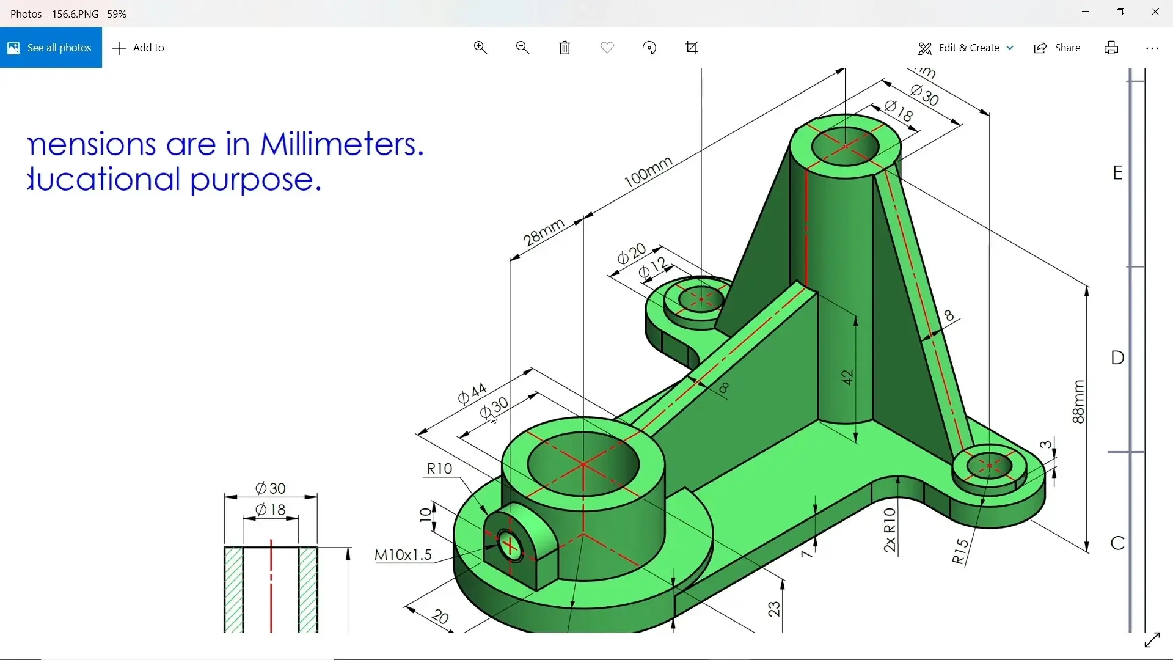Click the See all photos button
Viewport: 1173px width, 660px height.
51,48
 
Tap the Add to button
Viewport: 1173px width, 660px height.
139,48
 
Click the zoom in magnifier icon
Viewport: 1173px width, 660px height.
481,48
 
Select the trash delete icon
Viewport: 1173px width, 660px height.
565,48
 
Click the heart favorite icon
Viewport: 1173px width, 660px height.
607,48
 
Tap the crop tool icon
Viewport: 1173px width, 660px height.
692,48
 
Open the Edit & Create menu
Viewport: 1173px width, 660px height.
966,48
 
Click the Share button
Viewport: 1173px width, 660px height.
1058,48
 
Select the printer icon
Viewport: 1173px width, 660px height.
1111,48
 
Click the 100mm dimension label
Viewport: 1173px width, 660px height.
648,172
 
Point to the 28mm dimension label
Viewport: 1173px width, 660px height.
543,232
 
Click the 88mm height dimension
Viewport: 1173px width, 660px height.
1078,402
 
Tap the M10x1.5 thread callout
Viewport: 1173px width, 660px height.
403,555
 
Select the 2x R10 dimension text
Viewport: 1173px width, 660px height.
890,529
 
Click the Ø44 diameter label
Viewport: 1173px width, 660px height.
472,394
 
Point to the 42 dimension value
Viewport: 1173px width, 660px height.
847,377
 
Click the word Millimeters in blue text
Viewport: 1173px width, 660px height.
342,144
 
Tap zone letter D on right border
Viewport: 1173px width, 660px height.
1117,358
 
